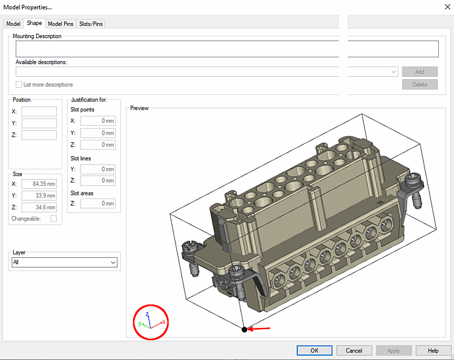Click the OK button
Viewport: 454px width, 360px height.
click(x=314, y=350)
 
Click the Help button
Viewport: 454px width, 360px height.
click(x=433, y=350)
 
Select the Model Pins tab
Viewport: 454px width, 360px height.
click(x=61, y=24)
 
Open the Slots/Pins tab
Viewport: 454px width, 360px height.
click(x=91, y=24)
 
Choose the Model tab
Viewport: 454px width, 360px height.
click(x=13, y=24)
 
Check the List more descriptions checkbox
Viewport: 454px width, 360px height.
click(x=19, y=85)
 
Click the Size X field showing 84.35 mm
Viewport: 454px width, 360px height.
click(x=39, y=184)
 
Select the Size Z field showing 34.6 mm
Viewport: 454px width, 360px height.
click(x=39, y=207)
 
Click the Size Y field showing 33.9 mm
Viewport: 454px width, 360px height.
click(x=39, y=195)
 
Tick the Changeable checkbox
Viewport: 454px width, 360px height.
click(x=53, y=218)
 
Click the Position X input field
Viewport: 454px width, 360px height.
click(x=39, y=111)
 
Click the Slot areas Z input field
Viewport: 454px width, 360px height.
click(x=97, y=203)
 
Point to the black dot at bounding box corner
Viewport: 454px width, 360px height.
click(x=244, y=330)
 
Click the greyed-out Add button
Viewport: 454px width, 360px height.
click(x=419, y=71)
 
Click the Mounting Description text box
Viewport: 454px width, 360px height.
click(x=227, y=49)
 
